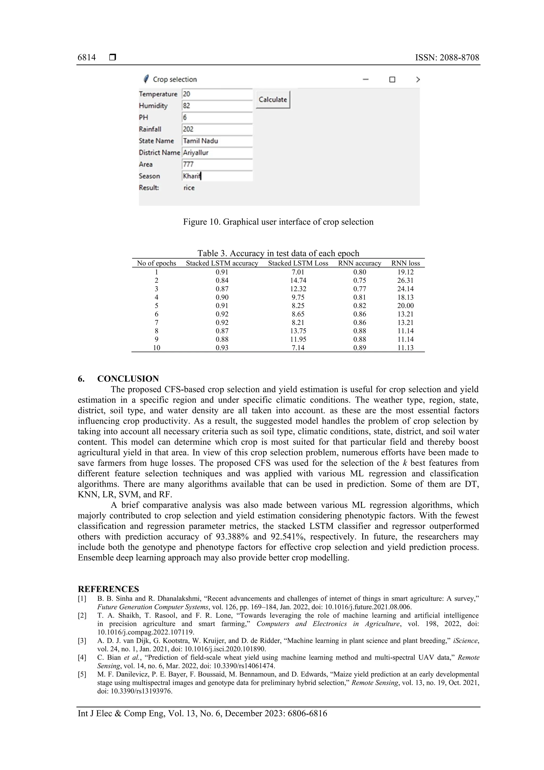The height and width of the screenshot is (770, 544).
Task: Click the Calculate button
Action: click(x=273, y=100)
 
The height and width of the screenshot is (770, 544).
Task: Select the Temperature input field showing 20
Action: click(x=217, y=94)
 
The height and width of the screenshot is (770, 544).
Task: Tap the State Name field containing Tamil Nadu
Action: click(x=217, y=141)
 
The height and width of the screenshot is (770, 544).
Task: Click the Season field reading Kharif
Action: click(x=217, y=176)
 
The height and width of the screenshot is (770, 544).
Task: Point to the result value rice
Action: click(x=189, y=188)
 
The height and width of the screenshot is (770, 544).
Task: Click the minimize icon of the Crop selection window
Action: click(x=366, y=79)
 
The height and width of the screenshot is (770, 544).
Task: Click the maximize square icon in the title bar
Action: click(x=392, y=79)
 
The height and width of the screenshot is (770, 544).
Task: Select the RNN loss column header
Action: click(x=405, y=263)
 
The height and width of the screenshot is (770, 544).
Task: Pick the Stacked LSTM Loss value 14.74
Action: click(x=298, y=280)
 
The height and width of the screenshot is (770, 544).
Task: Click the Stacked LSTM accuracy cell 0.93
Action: click(x=222, y=348)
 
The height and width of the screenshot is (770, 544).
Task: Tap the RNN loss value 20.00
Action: click(x=405, y=305)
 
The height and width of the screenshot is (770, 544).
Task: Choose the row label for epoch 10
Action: click(x=156, y=348)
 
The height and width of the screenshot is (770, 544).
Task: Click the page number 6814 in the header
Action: click(x=87, y=58)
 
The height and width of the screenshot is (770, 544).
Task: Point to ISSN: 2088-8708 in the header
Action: click(x=447, y=58)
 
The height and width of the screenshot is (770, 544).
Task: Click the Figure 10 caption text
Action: click(x=278, y=222)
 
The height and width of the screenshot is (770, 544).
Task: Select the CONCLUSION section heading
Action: click(x=128, y=379)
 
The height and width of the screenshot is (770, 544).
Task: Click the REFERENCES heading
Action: click(x=108, y=589)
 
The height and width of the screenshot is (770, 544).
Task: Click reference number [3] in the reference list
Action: click(x=82, y=641)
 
